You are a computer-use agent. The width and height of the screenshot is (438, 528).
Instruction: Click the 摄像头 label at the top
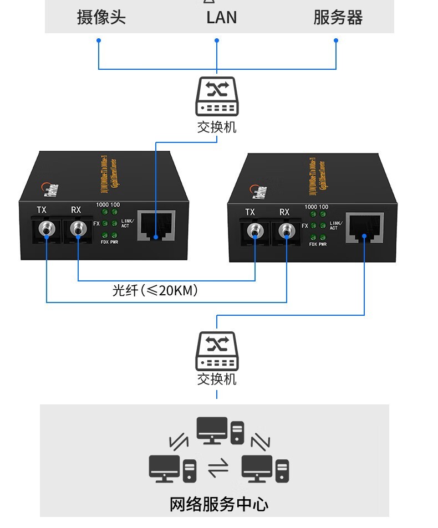[x=101, y=17]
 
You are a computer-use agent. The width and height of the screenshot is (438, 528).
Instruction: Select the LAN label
[x=221, y=17]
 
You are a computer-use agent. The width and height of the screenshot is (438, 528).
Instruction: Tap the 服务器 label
[x=338, y=17]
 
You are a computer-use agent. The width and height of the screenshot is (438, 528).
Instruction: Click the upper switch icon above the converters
[x=217, y=96]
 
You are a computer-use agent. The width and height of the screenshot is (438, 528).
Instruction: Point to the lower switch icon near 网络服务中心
[x=217, y=351]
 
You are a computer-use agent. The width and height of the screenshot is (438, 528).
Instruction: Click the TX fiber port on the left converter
[x=47, y=228]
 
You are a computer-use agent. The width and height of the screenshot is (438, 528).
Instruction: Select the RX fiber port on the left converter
[x=78, y=228]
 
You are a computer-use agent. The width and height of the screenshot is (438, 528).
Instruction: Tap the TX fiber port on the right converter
[x=255, y=232]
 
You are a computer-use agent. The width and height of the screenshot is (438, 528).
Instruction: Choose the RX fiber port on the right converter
[x=287, y=232]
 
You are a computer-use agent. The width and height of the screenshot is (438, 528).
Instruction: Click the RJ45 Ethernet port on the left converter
[x=156, y=226]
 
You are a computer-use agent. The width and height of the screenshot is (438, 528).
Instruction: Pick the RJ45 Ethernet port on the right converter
[x=365, y=228]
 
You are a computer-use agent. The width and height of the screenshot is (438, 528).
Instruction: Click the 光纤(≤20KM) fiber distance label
[x=155, y=290]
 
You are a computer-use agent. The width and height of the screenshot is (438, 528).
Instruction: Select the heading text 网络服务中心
[x=218, y=504]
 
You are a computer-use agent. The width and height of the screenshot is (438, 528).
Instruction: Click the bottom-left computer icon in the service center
[x=172, y=468]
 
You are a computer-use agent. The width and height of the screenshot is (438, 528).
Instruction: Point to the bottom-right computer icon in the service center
[x=265, y=468]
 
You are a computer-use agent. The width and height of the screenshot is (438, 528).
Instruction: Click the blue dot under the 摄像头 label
[x=99, y=40]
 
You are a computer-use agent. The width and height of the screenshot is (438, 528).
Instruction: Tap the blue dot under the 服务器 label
[x=336, y=40]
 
